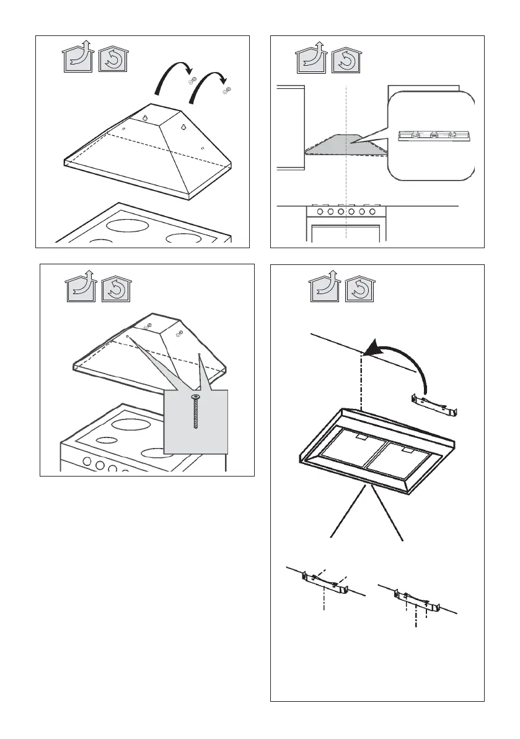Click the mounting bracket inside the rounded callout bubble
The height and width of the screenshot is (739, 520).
(431, 135)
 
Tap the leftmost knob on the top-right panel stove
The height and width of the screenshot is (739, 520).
(320, 212)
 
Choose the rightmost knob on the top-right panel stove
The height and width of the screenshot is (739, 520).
(372, 212)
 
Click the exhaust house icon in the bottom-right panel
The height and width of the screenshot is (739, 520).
(324, 287)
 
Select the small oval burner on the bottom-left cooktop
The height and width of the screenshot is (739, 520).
(107, 441)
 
